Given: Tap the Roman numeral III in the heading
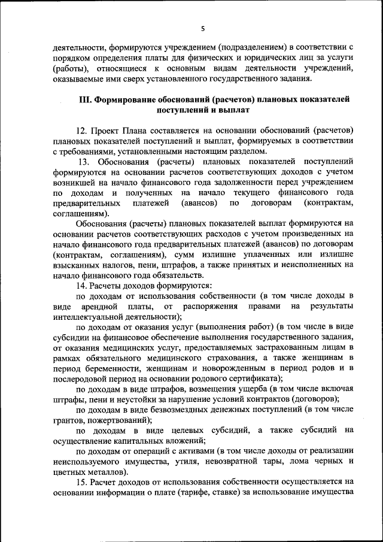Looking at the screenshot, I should [x=85, y=99].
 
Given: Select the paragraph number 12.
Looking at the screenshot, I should [x=82, y=130].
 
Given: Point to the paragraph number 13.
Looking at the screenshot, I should [x=84, y=162].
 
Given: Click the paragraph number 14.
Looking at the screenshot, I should [x=82, y=286].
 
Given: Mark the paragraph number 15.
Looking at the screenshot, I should [x=82, y=482].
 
